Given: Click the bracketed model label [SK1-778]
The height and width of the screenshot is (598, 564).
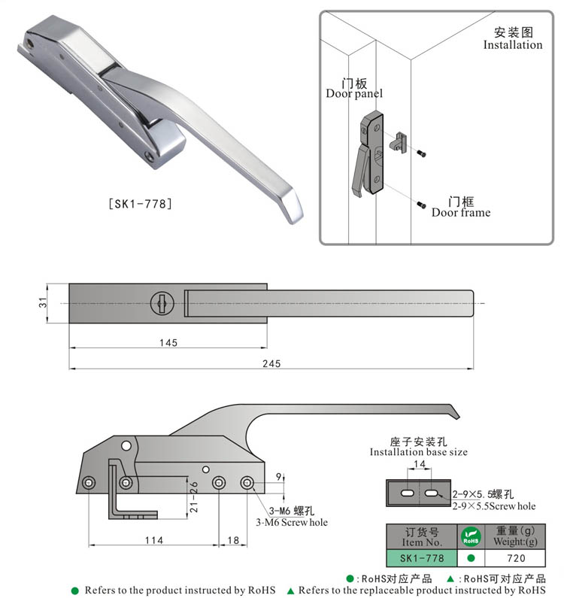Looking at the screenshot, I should [141, 203].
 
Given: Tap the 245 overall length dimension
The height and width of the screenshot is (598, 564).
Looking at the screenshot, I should [271, 363].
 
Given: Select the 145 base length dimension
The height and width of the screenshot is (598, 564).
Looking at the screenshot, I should [168, 343].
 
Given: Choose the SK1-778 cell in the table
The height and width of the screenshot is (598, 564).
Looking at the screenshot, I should [420, 559].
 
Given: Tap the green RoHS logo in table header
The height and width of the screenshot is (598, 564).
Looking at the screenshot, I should [470, 536].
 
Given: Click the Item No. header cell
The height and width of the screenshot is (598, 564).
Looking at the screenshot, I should [420, 536].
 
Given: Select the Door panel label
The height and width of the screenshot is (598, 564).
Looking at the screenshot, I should [353, 88].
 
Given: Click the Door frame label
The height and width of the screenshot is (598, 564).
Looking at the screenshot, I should [460, 208].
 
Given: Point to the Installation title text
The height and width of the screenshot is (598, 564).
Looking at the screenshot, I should [512, 39].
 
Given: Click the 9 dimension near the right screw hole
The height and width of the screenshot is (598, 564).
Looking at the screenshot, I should [277, 476].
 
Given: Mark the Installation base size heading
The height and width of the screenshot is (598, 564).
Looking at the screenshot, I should [418, 447].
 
